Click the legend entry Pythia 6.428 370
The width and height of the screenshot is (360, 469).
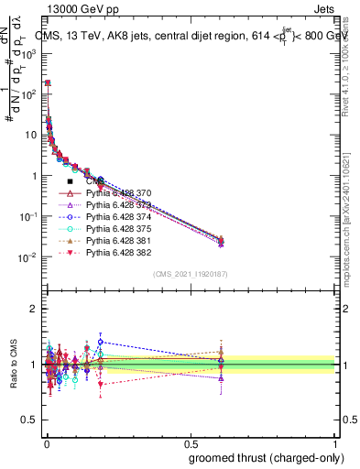pos(118,193)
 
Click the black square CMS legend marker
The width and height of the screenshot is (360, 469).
pos(70,181)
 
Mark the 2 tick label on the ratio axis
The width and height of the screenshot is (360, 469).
pos(34,309)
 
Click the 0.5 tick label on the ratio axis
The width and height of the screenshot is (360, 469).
pos(29,420)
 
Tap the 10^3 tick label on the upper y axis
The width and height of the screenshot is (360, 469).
pos(28,53)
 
